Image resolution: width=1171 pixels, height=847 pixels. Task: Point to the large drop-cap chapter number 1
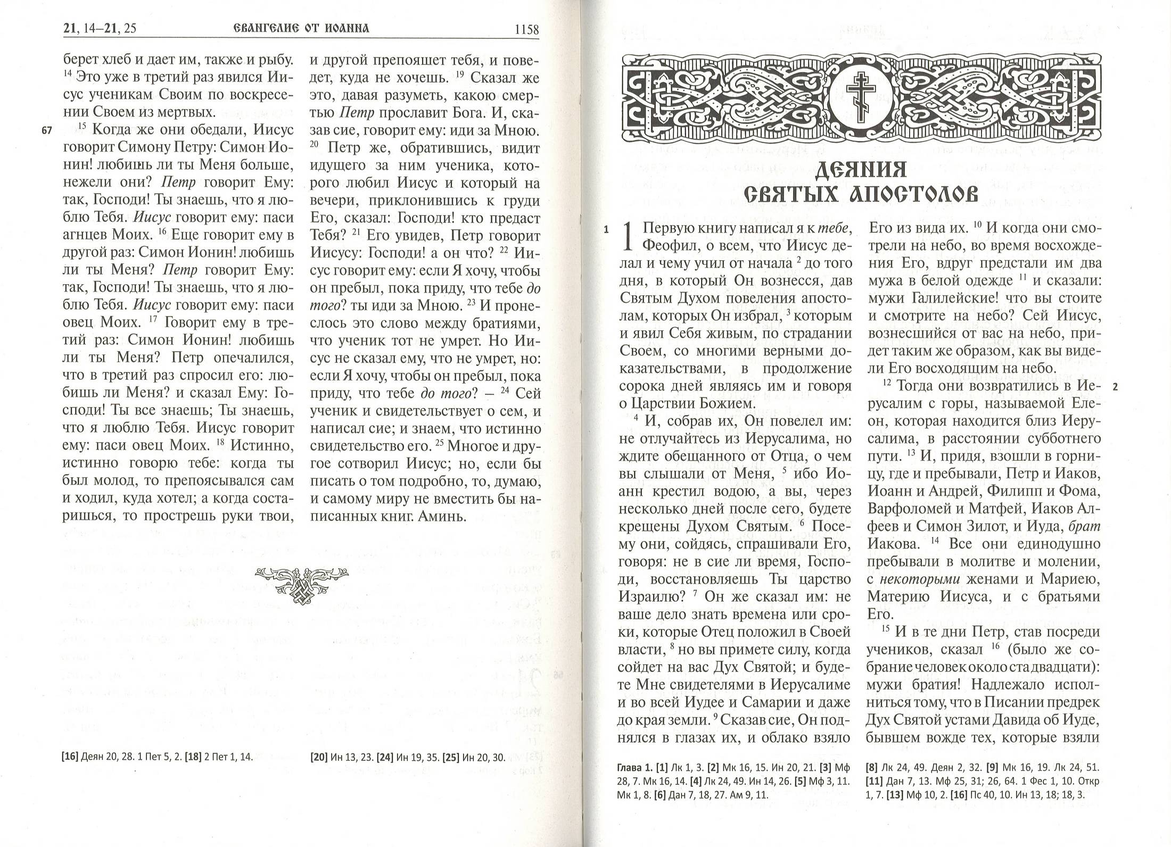point(629,236)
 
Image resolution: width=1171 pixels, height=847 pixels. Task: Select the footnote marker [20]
point(318,758)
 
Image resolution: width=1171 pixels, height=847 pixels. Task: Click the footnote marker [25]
point(450,758)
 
